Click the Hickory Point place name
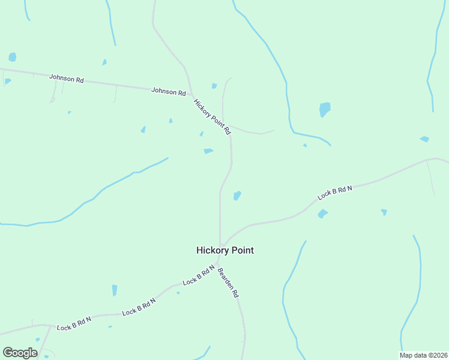click(x=225, y=250)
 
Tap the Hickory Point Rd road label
click(x=212, y=116)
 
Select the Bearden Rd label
click(x=228, y=283)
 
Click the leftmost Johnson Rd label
click(x=67, y=79)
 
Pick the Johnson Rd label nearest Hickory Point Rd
click(x=169, y=91)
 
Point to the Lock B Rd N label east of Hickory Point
click(x=335, y=193)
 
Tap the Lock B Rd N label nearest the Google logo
click(x=74, y=323)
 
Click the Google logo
click(x=20, y=352)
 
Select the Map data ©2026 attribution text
click(x=423, y=355)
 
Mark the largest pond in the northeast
click(x=325, y=109)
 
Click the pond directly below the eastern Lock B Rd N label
click(x=322, y=214)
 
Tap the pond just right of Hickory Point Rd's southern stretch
click(x=237, y=196)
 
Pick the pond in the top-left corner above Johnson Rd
click(x=12, y=57)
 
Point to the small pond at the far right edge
click(x=424, y=139)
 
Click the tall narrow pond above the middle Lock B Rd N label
click(x=115, y=290)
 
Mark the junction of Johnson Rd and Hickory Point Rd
click(x=191, y=94)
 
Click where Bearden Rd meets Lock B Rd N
click(x=218, y=262)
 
